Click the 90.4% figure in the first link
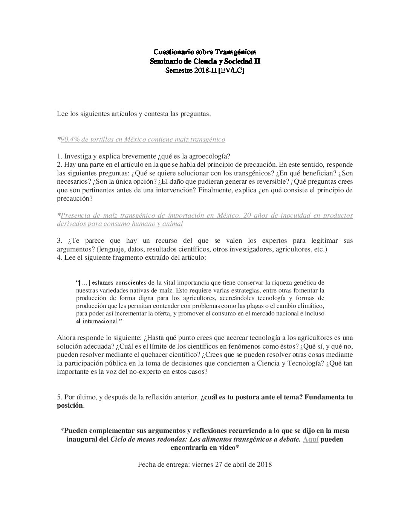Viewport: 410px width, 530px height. [x=69, y=140]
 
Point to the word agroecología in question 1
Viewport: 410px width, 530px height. [x=212, y=156]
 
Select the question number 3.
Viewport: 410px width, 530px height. [x=59, y=241]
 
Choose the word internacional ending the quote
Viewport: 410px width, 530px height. [x=98, y=321]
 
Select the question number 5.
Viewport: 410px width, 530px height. [x=59, y=397]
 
